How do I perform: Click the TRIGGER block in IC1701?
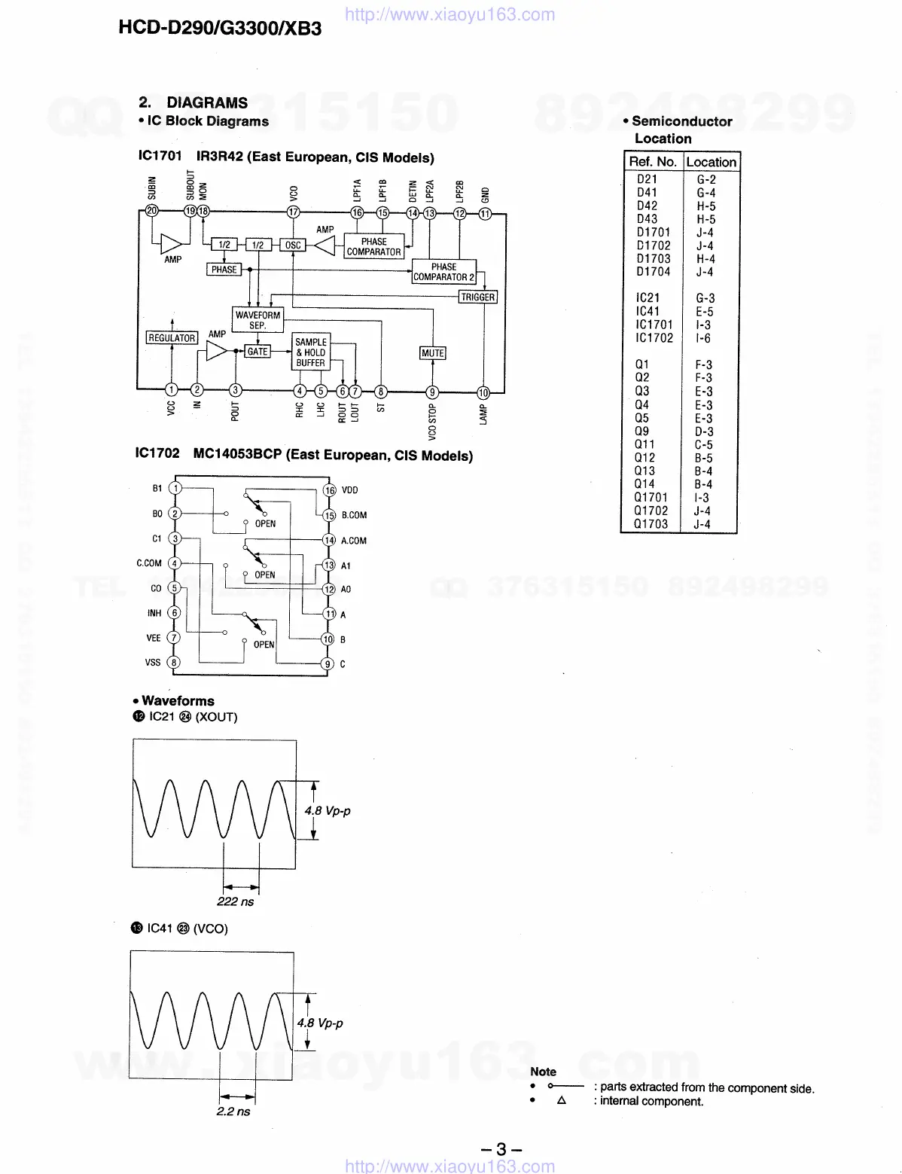(x=478, y=297)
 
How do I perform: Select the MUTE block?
(x=433, y=353)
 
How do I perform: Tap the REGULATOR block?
(x=172, y=338)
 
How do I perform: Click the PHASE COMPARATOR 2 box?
(x=443, y=272)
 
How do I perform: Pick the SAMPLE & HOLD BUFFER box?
(x=310, y=352)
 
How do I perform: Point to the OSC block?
(x=293, y=245)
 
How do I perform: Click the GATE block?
(x=257, y=352)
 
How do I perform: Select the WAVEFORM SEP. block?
(x=257, y=320)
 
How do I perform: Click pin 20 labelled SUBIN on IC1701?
(x=153, y=212)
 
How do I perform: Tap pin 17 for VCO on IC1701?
(x=294, y=212)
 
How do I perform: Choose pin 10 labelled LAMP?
(x=483, y=392)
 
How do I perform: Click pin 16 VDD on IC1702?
(x=330, y=490)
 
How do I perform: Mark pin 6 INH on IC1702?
(x=174, y=613)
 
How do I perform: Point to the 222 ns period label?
(x=236, y=901)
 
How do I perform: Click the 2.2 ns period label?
(x=233, y=1111)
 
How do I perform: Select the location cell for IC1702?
(x=703, y=338)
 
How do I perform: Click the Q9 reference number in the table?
(x=641, y=431)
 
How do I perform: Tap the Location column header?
(x=711, y=162)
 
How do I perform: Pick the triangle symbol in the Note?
(x=561, y=1100)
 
